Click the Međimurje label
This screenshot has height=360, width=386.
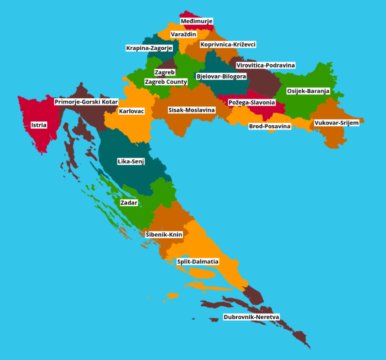pos(196,21)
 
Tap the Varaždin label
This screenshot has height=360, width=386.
pos(183,35)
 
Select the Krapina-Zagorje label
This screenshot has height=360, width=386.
pos(149,48)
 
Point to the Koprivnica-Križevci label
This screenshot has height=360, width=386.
pos(228,44)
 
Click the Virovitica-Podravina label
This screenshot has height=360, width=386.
pos(265,65)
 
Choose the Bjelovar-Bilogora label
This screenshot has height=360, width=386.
pos(221,76)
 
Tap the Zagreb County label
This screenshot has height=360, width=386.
pos(166,82)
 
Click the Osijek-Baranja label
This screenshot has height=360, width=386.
pos(308,91)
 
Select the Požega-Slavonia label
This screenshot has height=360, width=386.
pos(252,102)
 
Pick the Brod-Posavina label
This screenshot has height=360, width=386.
pos(270,126)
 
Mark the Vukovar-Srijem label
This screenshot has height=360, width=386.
pos(336,123)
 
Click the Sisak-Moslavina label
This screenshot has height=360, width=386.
pos(192,110)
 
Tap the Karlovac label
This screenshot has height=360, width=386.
pos(131,111)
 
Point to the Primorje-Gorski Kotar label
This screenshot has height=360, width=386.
pos(86,102)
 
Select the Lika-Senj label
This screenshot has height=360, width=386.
pos(131,162)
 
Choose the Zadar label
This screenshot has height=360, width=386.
pos(129,203)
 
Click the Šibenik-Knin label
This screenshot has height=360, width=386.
pos(164,234)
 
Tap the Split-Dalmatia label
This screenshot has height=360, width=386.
pos(198,261)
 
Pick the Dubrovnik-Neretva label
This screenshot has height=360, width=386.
pos(251,317)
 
